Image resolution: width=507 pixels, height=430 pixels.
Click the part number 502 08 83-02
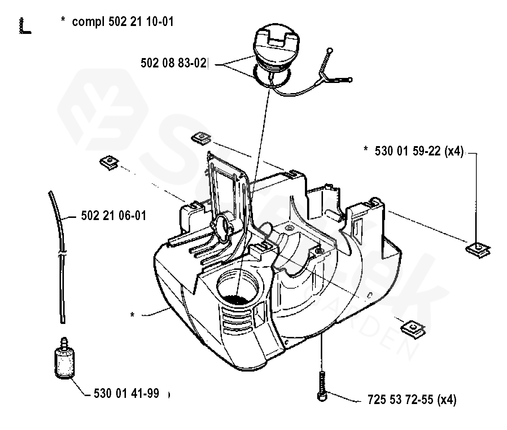[x=174, y=63]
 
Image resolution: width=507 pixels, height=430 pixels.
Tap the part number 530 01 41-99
[x=126, y=393]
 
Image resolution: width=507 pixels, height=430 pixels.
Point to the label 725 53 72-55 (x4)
[x=412, y=400]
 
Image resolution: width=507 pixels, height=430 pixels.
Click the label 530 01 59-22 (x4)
[x=419, y=151]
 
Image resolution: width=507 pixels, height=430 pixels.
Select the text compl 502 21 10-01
[x=123, y=22]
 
